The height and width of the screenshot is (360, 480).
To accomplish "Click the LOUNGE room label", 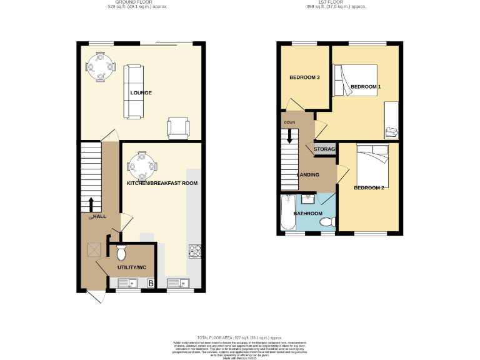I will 141,93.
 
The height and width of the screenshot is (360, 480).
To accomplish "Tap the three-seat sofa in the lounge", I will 133,91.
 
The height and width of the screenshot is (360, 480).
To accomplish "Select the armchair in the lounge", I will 177,127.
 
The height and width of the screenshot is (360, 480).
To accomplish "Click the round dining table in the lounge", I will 100,64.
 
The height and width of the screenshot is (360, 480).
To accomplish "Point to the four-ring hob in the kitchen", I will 194,251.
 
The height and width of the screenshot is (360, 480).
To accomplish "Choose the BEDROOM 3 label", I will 304,77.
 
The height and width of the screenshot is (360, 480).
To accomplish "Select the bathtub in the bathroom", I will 287,212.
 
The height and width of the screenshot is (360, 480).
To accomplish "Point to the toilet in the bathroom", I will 329,221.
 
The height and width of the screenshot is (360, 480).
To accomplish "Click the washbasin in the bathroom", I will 308,199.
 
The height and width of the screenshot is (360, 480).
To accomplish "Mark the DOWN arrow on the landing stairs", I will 289,134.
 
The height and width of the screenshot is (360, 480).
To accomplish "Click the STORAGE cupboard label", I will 325,149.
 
